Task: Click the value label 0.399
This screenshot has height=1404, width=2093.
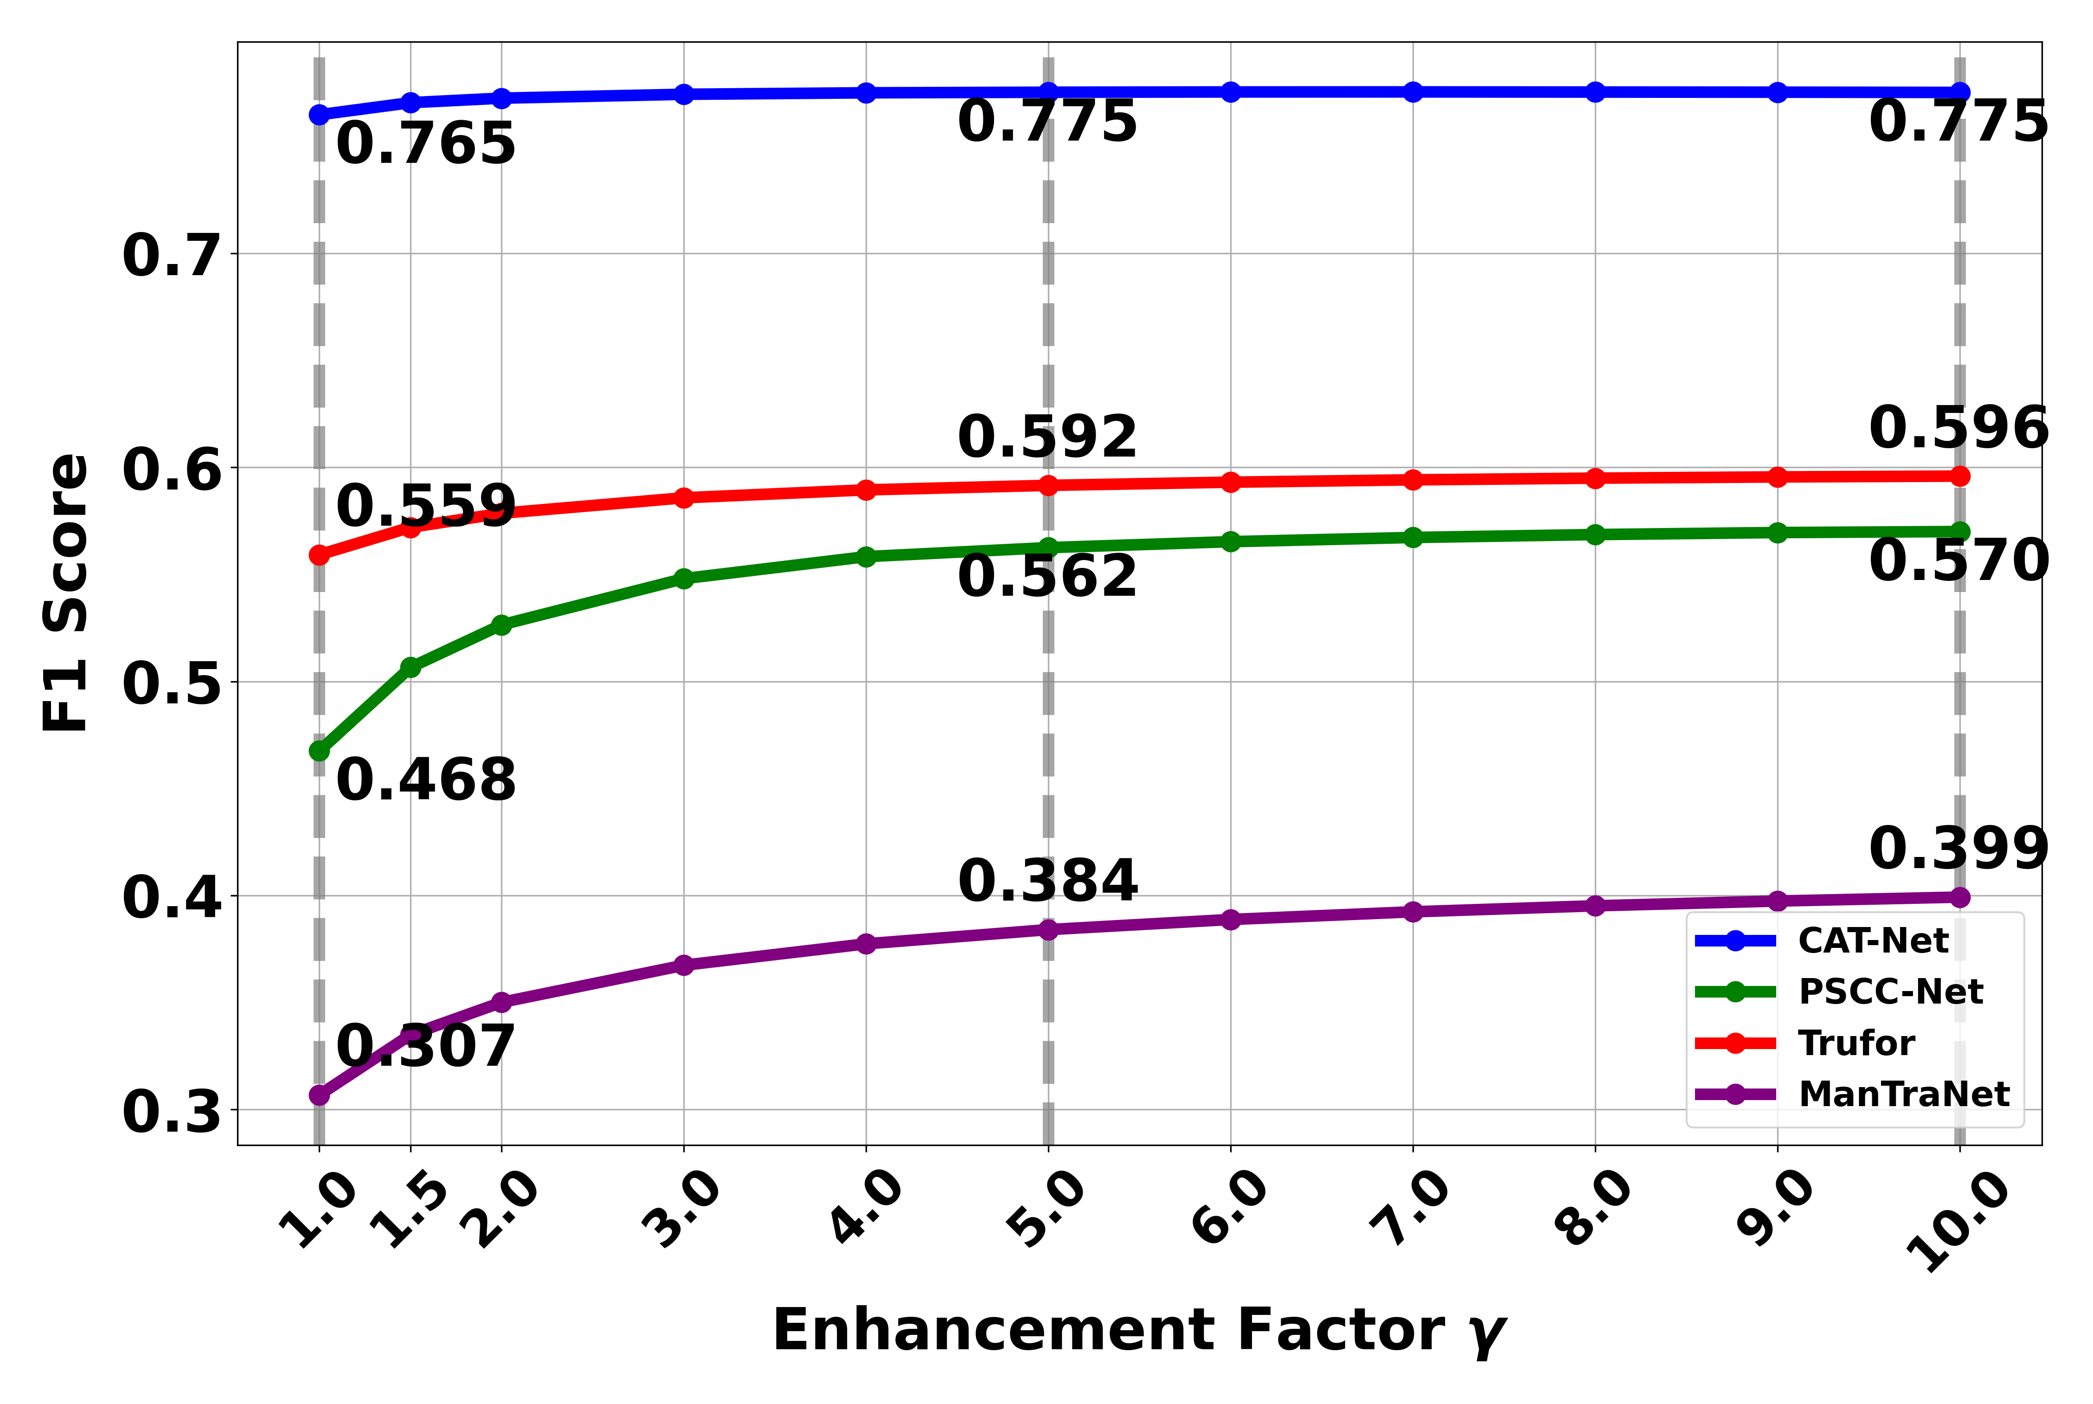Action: (x=1959, y=848)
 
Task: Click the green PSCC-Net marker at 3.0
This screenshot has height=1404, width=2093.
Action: (x=684, y=579)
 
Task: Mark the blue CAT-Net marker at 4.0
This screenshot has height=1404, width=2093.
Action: (x=866, y=93)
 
